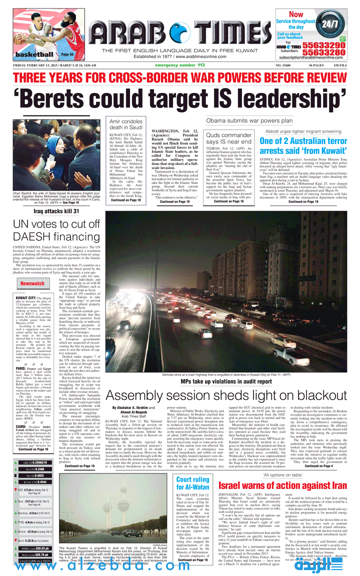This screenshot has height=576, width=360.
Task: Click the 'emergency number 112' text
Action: tap(180, 65)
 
